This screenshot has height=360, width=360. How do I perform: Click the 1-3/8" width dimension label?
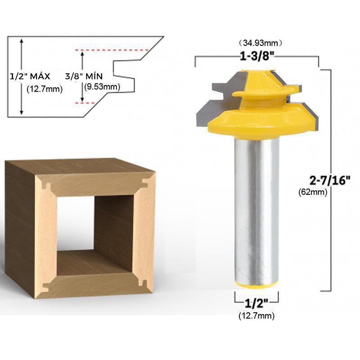coord(257,56)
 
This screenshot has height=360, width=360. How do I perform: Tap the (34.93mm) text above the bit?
coord(260,43)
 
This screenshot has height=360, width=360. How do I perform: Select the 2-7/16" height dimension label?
coord(330,180)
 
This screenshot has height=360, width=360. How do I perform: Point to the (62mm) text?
coord(313,192)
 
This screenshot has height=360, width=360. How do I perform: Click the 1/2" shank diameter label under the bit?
coord(256,303)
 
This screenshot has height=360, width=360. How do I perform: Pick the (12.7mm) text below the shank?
coord(256,316)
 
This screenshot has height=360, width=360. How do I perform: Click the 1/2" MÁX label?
coord(30,76)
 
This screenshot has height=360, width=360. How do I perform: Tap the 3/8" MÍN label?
coord(84,76)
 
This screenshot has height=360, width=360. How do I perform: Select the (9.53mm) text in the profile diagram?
coord(102,87)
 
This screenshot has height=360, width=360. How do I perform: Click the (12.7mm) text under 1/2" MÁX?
coord(45,89)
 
